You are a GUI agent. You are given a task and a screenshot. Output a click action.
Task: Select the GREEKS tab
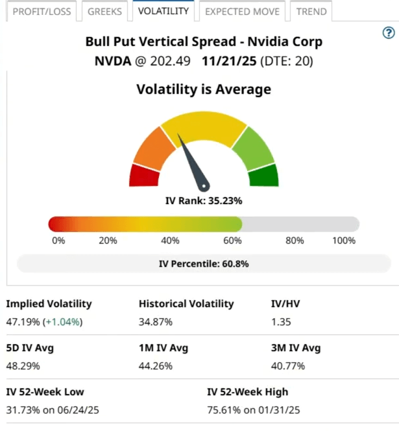[104, 12]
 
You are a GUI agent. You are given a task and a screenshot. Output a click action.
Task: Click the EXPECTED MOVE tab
[241, 12]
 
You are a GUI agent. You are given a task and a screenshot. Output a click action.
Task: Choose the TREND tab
[311, 12]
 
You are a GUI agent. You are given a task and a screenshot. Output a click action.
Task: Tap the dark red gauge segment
[145, 176]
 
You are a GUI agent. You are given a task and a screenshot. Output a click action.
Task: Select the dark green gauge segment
[263, 175]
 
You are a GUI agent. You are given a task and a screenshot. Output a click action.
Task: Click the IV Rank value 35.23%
[224, 201]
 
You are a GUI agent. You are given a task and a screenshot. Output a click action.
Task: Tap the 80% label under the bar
[295, 240]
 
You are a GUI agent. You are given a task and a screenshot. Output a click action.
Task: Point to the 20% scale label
[108, 240]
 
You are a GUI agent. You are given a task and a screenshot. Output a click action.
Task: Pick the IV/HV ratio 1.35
[281, 321]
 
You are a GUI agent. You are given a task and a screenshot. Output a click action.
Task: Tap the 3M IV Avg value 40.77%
[289, 366]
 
